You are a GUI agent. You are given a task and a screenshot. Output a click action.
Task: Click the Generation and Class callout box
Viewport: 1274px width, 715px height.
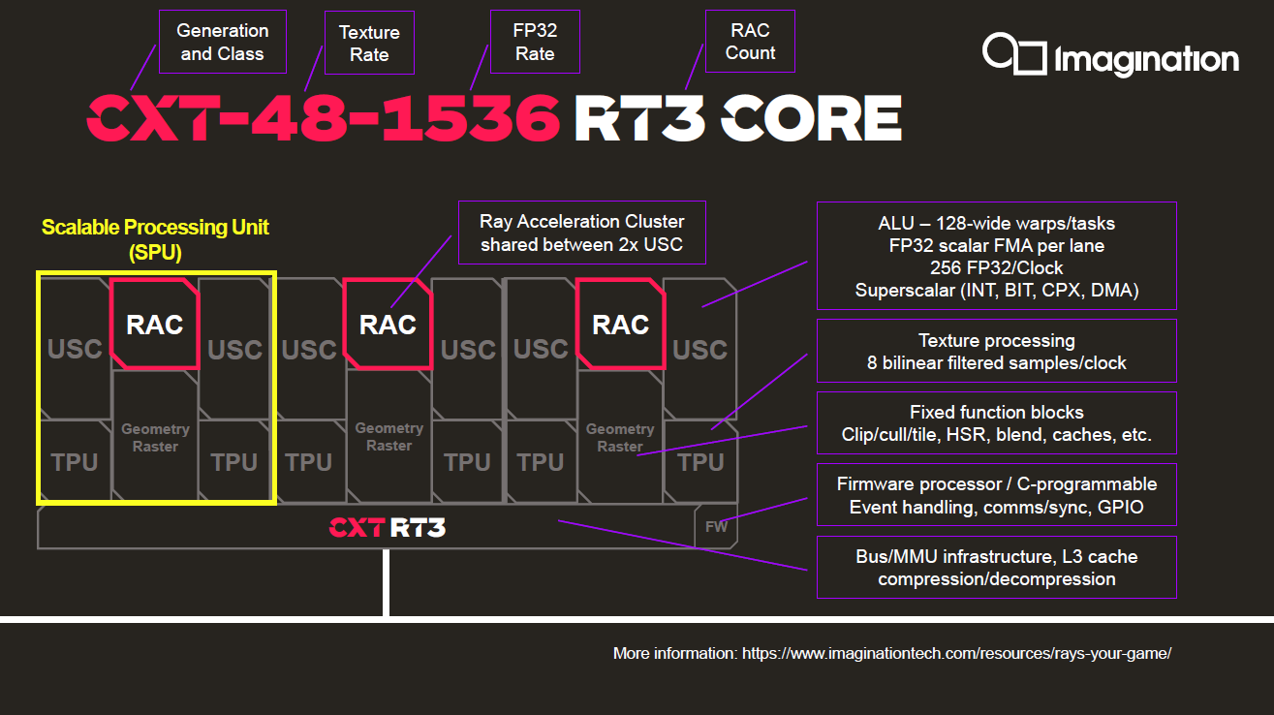[223, 42]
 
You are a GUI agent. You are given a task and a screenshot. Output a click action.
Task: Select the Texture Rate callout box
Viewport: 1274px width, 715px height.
[369, 43]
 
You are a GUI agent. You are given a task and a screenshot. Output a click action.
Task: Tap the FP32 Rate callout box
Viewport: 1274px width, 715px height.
[535, 42]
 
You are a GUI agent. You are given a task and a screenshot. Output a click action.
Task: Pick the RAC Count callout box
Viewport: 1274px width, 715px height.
[750, 41]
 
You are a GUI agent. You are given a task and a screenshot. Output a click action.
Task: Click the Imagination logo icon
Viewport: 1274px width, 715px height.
[1014, 53]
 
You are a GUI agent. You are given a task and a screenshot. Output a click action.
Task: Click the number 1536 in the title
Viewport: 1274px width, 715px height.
[471, 118]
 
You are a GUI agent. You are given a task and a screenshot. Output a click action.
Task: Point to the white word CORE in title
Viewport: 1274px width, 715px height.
[811, 118]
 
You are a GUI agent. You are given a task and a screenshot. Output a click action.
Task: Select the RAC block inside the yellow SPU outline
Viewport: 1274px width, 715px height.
[155, 325]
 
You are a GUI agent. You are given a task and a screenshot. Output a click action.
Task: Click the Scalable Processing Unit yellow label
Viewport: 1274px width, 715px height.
[155, 239]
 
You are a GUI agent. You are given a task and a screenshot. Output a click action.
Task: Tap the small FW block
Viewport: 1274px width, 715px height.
[716, 526]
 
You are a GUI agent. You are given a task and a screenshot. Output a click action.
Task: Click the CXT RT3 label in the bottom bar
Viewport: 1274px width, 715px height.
[388, 527]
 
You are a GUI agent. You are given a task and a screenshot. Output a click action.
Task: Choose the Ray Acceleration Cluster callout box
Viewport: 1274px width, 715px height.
[582, 233]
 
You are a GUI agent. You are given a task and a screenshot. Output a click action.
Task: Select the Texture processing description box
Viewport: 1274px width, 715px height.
[997, 351]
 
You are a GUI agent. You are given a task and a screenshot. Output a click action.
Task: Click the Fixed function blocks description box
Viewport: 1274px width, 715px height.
[997, 422]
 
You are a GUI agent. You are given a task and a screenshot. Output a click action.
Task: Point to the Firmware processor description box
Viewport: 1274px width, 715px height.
[997, 495]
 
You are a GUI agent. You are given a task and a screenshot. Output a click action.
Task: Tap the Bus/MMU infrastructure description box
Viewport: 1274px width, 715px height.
[997, 567]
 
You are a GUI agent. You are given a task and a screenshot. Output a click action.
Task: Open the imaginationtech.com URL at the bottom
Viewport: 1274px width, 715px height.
[956, 653]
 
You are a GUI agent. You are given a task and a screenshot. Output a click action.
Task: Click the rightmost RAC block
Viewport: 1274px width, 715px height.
[620, 325]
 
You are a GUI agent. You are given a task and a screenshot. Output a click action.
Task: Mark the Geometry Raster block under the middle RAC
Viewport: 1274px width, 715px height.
[389, 437]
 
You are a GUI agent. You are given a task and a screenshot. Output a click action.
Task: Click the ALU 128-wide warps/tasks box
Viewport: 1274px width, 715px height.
[997, 256]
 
